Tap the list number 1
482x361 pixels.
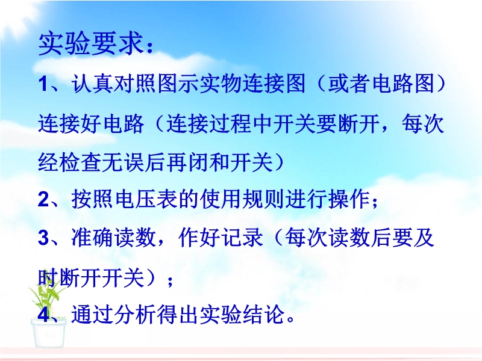click(43, 84)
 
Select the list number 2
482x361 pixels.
click(43, 200)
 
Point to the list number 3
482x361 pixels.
click(43, 238)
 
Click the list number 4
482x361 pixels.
click(43, 315)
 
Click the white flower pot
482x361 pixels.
click(49, 333)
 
